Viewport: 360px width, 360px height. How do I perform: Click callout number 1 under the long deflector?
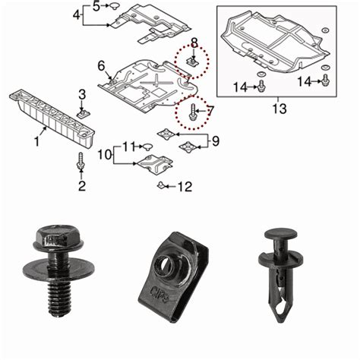point(36,141)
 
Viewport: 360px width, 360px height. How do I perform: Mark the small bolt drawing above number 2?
point(81,163)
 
